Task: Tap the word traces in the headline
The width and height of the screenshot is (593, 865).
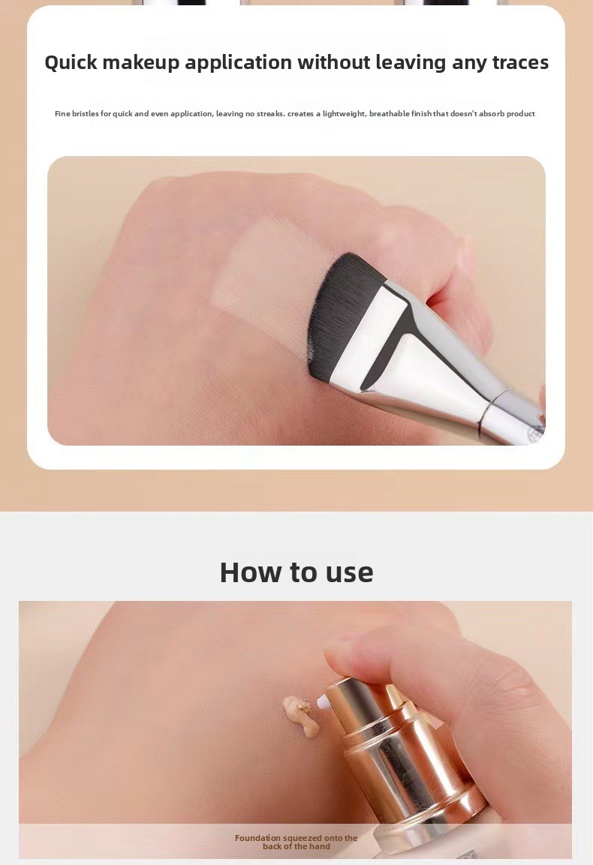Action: coord(520,62)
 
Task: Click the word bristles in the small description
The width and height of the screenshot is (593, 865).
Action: coord(86,113)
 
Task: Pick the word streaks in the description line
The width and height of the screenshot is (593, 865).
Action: coord(270,113)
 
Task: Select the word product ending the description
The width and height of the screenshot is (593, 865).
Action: coord(521,113)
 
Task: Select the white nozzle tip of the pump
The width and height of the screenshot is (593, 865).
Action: coord(323,702)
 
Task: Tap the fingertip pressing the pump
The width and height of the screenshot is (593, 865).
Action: coord(354,659)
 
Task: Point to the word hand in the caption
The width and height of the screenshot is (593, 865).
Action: coord(320,847)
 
